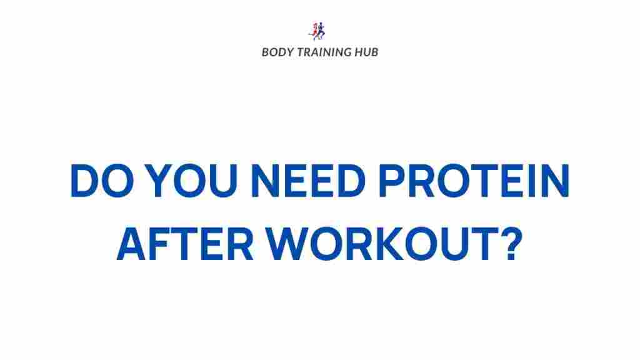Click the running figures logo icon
pos(317,31)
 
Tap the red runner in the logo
pos(314,31)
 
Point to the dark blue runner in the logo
pos(321,31)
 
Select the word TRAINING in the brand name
pos(324,52)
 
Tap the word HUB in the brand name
pos(366,52)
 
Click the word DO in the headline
pos(102,181)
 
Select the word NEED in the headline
pos(308,181)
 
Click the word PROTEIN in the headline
pos(474,181)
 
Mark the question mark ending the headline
pos(512,244)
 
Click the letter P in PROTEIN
pos(392,181)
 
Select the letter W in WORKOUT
pos(287,244)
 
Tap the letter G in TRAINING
pos(346,52)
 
